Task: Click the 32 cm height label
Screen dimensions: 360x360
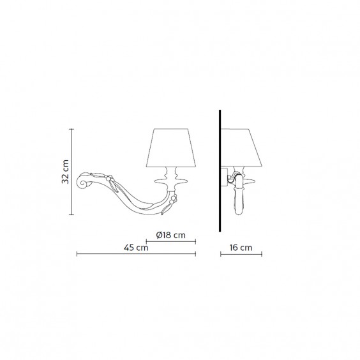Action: point(65,172)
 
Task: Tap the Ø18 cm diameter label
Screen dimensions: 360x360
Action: point(170,235)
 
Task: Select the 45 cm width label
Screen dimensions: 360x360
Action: point(136,248)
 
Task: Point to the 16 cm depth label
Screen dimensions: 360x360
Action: point(241,248)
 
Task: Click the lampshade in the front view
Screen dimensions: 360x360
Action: point(171,147)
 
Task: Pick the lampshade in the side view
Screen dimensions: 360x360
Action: point(241,147)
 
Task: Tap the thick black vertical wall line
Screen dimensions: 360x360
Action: point(220,170)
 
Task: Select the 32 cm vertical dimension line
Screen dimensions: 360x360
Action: point(71,172)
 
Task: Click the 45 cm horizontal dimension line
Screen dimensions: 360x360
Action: point(136,254)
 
